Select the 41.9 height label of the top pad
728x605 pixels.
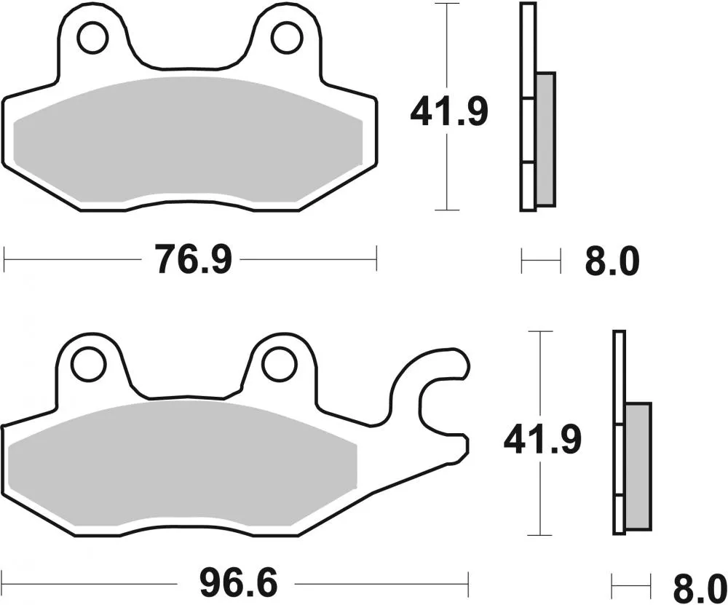pos(448,113)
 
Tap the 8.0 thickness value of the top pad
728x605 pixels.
pos(612,261)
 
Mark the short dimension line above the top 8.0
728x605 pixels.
pos(541,260)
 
